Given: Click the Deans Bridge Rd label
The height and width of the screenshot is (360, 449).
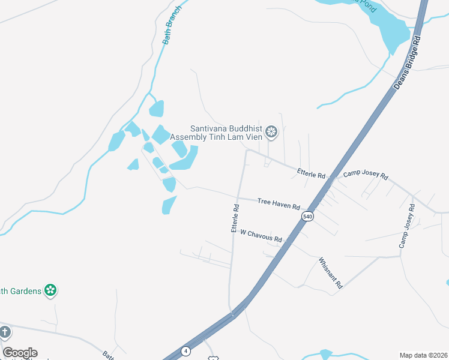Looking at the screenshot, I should click(408, 62).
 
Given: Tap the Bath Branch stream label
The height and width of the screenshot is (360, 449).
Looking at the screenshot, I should click(172, 29).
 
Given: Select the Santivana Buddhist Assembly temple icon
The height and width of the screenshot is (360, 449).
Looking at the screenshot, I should click(271, 132).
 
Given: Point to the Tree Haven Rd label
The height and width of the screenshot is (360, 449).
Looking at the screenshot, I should click(279, 204).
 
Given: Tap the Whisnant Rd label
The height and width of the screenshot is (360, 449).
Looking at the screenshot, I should click(330, 273).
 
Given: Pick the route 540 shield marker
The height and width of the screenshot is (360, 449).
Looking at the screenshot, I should click(307, 216).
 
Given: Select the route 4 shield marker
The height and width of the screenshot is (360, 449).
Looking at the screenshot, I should click(186, 350).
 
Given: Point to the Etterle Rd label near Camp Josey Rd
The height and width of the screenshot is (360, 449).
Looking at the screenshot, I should click(311, 173).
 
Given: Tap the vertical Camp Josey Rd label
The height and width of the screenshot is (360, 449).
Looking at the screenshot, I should click(407, 226).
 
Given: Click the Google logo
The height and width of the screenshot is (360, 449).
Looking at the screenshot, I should click(20, 353).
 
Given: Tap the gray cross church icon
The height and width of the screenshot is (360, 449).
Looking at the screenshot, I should click(5, 332).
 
